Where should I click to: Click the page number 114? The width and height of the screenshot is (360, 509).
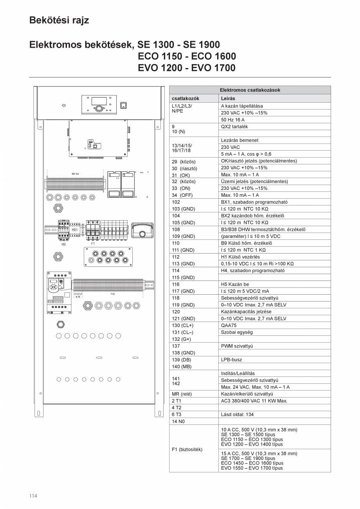click(x=33, y=496)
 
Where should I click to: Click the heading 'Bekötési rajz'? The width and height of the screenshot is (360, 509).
click(x=59, y=20)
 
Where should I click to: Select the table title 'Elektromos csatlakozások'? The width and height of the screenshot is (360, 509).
click(x=250, y=90)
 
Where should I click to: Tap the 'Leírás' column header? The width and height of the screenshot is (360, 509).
click(x=228, y=99)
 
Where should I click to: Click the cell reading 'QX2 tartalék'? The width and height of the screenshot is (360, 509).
click(x=234, y=127)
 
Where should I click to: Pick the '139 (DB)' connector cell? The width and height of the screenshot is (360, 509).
click(x=182, y=360)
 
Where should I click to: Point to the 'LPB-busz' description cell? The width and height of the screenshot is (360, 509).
click(x=232, y=360)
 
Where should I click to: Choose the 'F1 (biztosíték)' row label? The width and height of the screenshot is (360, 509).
click(x=187, y=449)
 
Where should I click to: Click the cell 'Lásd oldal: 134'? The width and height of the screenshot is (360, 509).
click(x=237, y=414)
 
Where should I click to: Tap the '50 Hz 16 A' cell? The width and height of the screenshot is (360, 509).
click(x=233, y=120)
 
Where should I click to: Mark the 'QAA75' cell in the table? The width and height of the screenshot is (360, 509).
click(x=229, y=325)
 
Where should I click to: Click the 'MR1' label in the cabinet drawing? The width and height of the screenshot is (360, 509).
click(x=75, y=230)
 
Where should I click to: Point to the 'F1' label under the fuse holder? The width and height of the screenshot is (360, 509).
click(x=93, y=243)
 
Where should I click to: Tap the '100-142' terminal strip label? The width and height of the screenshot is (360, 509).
click(x=75, y=173)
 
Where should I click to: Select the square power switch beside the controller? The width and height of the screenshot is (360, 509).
click(x=123, y=105)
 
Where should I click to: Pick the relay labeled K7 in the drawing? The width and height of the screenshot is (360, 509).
click(x=103, y=231)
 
